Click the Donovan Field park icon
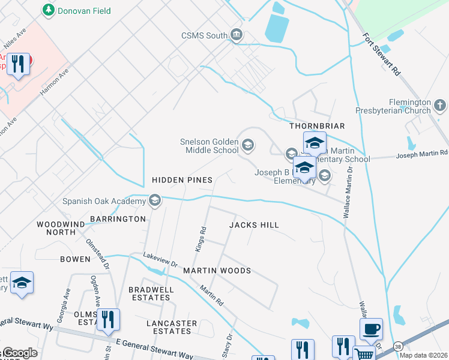[48, 10]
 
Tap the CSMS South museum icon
[237, 35]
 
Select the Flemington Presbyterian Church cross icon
[440, 106]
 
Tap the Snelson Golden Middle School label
[209, 146]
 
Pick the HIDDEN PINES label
[182, 180]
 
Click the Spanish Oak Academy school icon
[155, 200]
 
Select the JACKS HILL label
[254, 225]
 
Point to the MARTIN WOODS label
[217, 271]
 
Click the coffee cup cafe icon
[370, 329]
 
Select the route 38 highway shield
[398, 346]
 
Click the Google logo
[19, 353]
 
